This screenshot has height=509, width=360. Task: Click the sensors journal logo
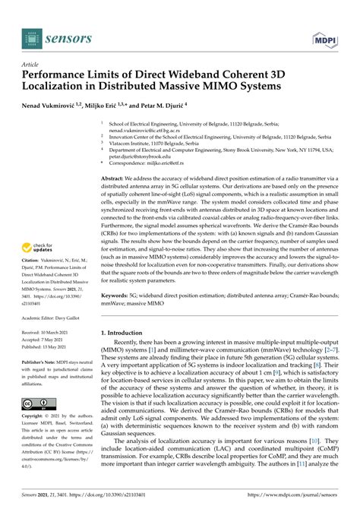[50, 36]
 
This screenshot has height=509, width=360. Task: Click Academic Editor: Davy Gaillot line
[55, 341]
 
